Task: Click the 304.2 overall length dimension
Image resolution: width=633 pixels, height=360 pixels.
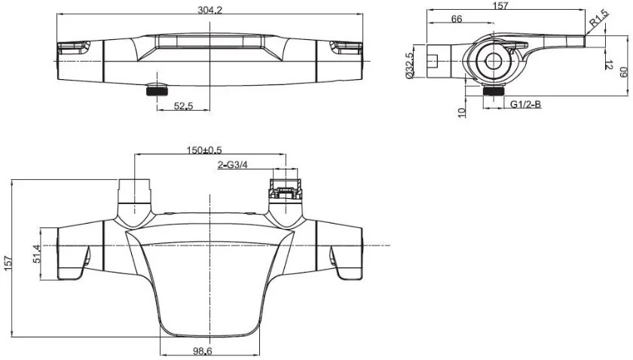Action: (209, 10)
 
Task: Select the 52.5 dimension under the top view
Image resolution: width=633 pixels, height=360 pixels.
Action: (184, 106)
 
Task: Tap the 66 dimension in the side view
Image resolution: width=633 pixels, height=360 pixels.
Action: (457, 19)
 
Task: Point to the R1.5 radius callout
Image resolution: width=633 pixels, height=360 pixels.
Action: (599, 19)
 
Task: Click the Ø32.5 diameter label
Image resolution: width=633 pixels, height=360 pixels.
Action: (410, 65)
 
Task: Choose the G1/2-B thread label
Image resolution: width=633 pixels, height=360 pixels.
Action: (526, 104)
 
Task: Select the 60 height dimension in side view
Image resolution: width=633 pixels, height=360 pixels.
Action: (624, 72)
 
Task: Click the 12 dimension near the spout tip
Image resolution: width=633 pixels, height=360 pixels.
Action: (609, 64)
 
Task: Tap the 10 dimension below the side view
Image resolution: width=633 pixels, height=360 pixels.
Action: (462, 112)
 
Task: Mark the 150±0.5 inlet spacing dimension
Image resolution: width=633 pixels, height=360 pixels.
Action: (204, 150)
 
